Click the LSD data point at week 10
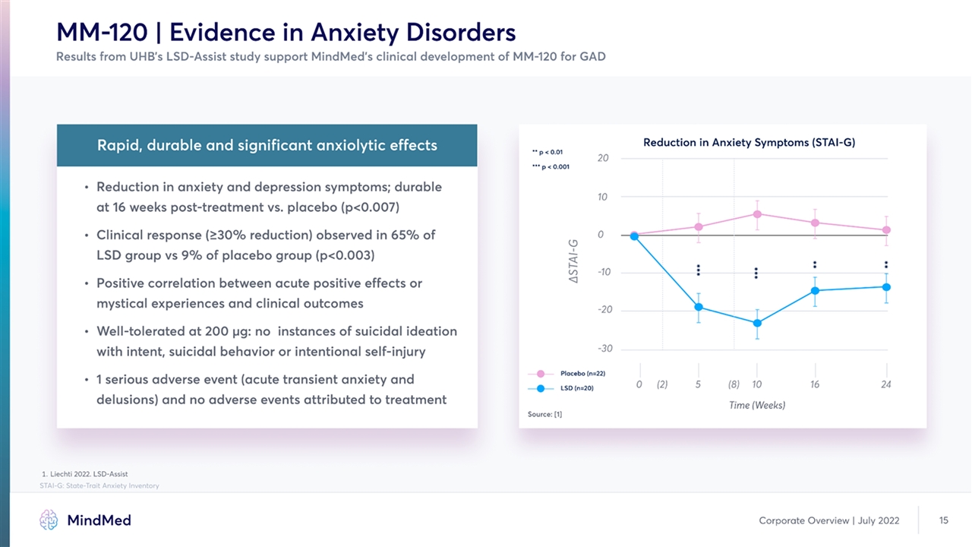pyautogui.click(x=756, y=323)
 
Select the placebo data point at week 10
pyautogui.click(x=756, y=213)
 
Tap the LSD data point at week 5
pyautogui.click(x=698, y=307)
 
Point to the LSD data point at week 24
pyautogui.click(x=886, y=286)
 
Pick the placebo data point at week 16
pyautogui.click(x=815, y=223)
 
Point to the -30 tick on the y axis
pyautogui.click(x=605, y=349)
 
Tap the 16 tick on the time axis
pyautogui.click(x=815, y=384)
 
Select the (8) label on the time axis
pyautogui.click(x=734, y=384)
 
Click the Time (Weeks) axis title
pyautogui.click(x=757, y=405)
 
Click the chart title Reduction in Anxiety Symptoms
pyautogui.click(x=749, y=142)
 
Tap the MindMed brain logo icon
pyautogui.click(x=49, y=520)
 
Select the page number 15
pyautogui.click(x=944, y=520)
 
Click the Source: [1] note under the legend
pyautogui.click(x=544, y=414)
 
